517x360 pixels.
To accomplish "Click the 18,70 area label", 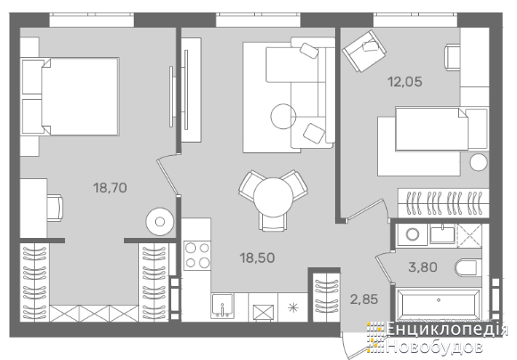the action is (110, 188).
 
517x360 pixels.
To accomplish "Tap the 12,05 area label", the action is (405, 81).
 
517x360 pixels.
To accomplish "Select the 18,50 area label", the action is (258, 258).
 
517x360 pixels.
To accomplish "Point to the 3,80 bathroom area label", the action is (423, 267).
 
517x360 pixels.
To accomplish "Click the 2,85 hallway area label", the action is (364, 299).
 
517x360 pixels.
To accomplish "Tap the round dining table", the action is (274, 197).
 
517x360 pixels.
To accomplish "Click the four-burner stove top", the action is (197, 256).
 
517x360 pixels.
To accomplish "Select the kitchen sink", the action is (223, 306).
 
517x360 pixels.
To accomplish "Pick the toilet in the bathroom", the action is (466, 267).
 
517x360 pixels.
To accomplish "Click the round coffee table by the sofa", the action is (283, 117).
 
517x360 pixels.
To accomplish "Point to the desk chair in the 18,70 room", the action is (54, 208).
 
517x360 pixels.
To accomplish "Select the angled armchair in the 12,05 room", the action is (364, 51).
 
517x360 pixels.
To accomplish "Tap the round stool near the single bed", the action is (479, 162).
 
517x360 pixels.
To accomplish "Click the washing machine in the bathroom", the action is (412, 234).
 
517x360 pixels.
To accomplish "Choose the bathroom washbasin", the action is (442, 234).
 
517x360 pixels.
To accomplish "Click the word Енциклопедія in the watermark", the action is (447, 330).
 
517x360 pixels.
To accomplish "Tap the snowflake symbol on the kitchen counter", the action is (292, 308).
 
